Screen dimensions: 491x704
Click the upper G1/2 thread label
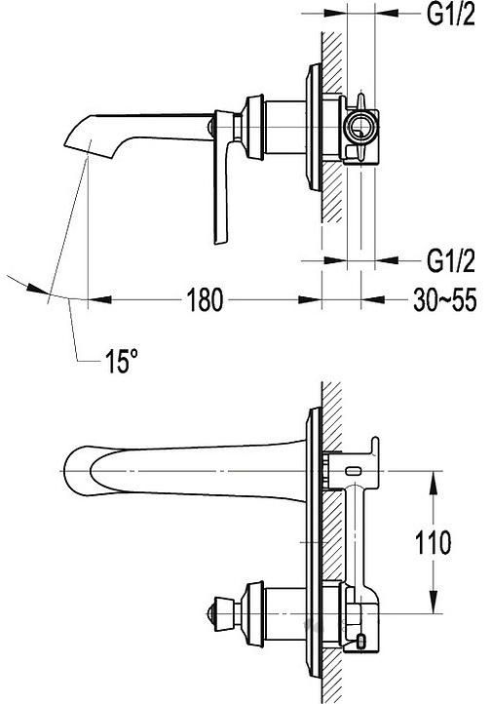pyautogui.click(x=450, y=16)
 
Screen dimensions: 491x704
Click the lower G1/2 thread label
pyautogui.click(x=450, y=261)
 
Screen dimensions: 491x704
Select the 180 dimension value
pyautogui.click(x=204, y=299)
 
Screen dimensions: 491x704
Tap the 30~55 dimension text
pyautogui.click(x=445, y=300)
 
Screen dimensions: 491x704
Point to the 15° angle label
pyautogui.click(x=121, y=361)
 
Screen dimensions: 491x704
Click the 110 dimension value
pyautogui.click(x=433, y=542)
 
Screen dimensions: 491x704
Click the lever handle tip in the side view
pyautogui.click(x=221, y=239)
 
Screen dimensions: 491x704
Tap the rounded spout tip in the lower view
pyautogui.click(x=68, y=471)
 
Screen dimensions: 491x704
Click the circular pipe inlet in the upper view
pyautogui.click(x=360, y=126)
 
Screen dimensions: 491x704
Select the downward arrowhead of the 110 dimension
pyautogui.click(x=434, y=602)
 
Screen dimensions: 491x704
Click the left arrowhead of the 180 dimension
pyautogui.click(x=99, y=299)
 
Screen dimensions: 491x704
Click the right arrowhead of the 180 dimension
pyautogui.click(x=310, y=299)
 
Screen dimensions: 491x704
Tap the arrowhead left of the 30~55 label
pyautogui.click(x=373, y=299)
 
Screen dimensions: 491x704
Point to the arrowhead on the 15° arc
pyautogui.click(x=37, y=289)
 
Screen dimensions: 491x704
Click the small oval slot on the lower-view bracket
pyautogui.click(x=355, y=471)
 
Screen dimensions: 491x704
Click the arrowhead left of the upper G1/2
pyautogui.click(x=335, y=14)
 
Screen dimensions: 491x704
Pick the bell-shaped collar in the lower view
pyautogui.click(x=253, y=613)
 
